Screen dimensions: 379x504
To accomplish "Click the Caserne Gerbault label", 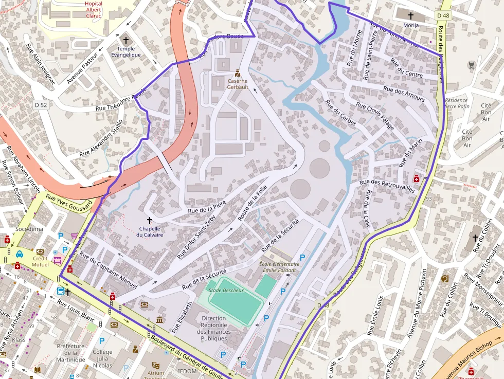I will click(238, 84).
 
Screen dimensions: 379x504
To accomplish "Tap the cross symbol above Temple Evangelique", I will click(126, 40).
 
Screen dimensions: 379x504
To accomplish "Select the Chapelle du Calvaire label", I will click(150, 231).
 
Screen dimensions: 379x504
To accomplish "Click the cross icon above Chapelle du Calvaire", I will click(150, 220).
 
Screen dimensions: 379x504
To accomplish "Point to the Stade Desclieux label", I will click(226, 290).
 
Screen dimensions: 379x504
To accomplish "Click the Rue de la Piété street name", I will click(207, 206).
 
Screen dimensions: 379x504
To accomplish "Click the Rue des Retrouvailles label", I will click(387, 186).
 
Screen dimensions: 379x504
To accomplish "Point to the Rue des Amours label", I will click(404, 94).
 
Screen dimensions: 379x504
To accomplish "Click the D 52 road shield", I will click(41, 105).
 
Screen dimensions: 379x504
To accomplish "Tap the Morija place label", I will click(411, 25).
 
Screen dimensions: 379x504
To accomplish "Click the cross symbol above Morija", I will click(411, 16).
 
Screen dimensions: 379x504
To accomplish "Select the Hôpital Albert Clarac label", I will click(94, 9).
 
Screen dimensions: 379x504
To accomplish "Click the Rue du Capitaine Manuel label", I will click(109, 272).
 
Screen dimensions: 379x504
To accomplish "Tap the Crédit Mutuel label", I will click(40, 261).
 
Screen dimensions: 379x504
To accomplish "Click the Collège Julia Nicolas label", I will click(102, 358).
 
